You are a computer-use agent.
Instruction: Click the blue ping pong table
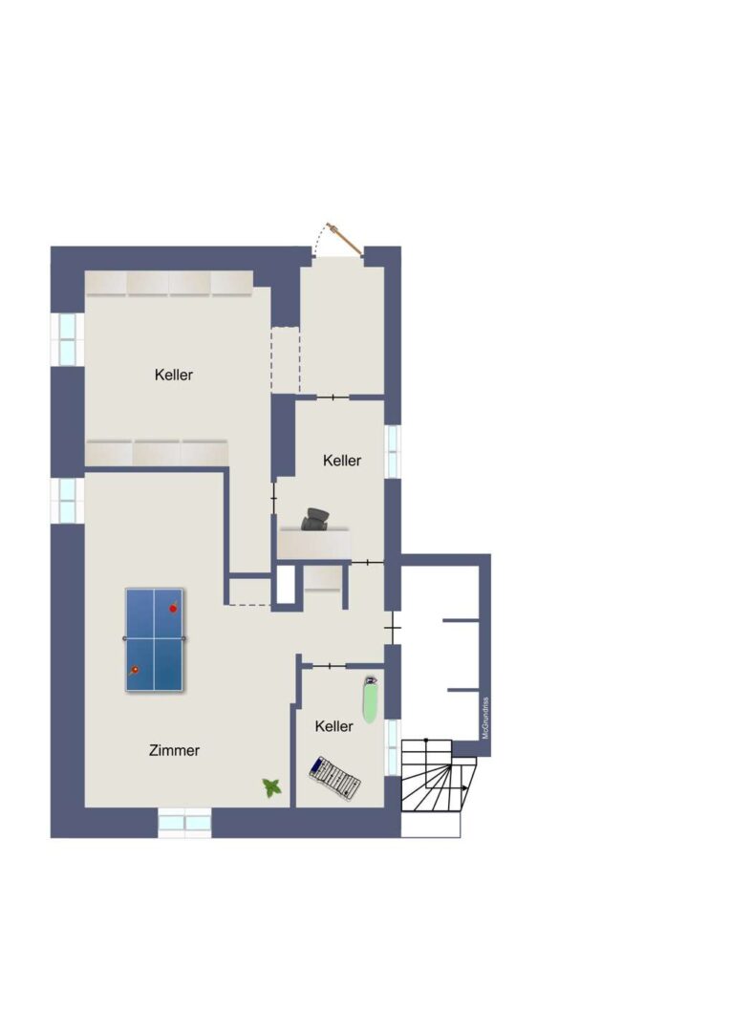click(154, 639)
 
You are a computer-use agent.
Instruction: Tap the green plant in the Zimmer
click(272, 787)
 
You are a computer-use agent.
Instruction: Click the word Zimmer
click(175, 750)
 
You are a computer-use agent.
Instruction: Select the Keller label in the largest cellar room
click(174, 375)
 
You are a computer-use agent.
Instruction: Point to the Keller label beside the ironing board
click(333, 726)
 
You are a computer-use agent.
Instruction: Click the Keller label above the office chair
click(342, 461)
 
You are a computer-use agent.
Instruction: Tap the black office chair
click(315, 519)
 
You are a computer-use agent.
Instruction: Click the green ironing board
click(371, 699)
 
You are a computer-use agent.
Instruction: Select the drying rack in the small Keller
click(335, 778)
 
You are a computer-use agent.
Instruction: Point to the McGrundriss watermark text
click(485, 718)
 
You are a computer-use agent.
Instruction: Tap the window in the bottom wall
click(185, 824)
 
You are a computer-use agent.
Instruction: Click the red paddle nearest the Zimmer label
click(134, 671)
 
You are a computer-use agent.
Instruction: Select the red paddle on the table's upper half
click(173, 608)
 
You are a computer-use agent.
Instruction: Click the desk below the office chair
click(314, 544)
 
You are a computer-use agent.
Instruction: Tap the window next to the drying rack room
click(393, 747)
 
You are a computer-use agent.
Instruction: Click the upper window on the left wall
click(68, 339)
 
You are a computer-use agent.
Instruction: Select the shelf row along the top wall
click(169, 284)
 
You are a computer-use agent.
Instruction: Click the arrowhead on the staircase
click(466, 787)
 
